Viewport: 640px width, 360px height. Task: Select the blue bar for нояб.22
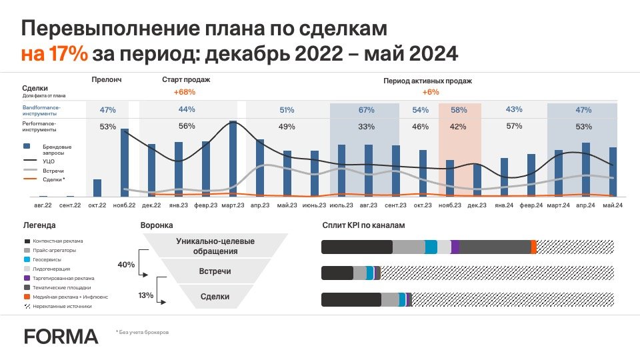125,163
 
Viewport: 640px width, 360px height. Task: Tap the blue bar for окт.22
97,188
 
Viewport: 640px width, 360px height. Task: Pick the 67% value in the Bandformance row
366,109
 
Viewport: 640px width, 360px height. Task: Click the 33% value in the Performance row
366,126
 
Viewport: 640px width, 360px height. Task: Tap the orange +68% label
184,92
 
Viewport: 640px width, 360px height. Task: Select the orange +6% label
430,92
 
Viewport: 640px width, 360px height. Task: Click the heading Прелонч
107,80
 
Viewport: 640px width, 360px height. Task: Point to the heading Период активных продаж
427,80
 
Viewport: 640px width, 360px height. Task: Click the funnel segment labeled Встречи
215,272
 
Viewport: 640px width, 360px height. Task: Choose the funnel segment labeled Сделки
215,297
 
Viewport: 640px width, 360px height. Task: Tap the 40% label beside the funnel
125,265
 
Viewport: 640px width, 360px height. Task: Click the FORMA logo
61,336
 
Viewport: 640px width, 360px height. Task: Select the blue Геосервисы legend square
27,259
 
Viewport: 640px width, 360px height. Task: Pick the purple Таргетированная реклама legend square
27,278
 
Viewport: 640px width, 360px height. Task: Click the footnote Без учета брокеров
143,332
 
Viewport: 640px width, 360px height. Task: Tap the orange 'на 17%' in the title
54,53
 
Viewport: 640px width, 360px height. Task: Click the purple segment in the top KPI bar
455,247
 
